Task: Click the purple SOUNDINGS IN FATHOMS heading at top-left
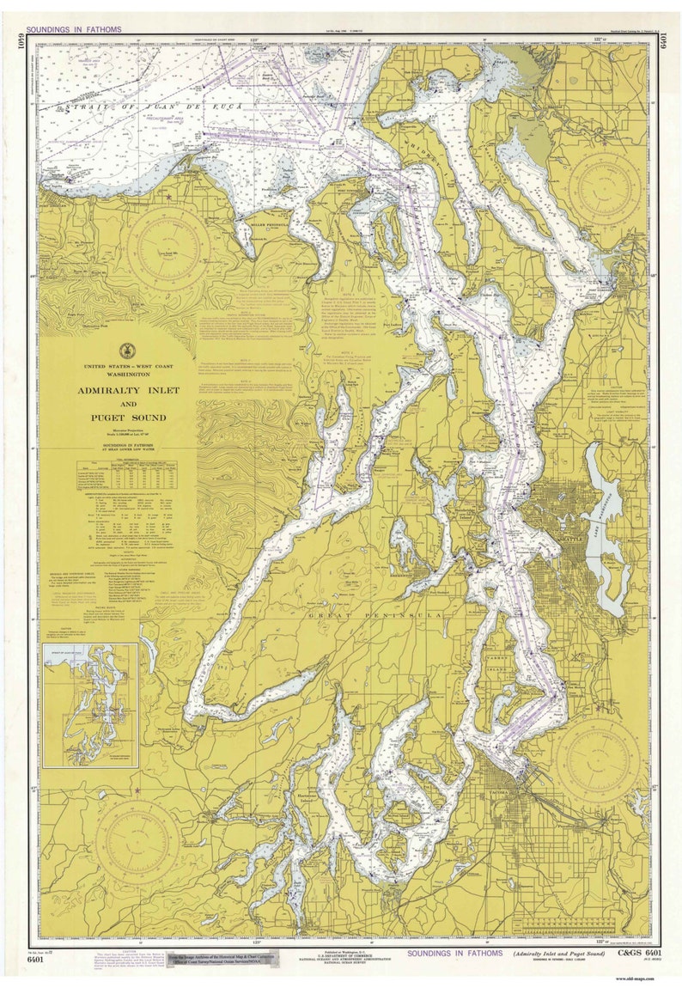74,28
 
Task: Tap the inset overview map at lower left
90,704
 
